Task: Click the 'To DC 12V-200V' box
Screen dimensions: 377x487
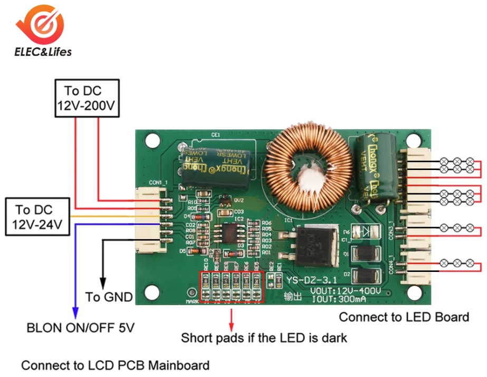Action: click(87, 98)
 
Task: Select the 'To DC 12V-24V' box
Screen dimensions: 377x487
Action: click(37, 217)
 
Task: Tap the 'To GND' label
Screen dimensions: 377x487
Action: click(109, 297)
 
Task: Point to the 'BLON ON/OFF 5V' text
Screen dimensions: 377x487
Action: click(80, 328)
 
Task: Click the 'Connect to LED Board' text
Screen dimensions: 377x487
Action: click(404, 317)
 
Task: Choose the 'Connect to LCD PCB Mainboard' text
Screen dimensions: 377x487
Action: click(115, 365)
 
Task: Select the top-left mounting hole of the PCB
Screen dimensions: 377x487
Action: click(152, 140)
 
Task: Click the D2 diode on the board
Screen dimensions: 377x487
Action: click(364, 275)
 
